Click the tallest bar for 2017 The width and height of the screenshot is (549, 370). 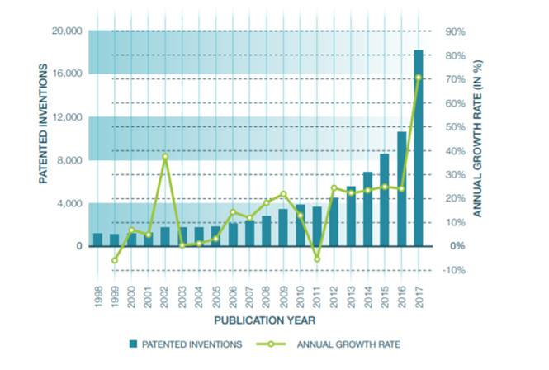pyautogui.click(x=418, y=149)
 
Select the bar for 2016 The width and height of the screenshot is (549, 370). pyautogui.click(x=401, y=189)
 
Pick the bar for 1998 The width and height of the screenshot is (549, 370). pyautogui.click(x=97, y=240)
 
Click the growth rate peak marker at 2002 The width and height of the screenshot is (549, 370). pyautogui.click(x=165, y=157)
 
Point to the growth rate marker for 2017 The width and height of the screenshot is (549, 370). pyautogui.click(x=418, y=78)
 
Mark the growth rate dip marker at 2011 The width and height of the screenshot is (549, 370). pyautogui.click(x=316, y=259)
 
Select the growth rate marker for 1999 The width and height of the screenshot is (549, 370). pyautogui.click(x=115, y=260)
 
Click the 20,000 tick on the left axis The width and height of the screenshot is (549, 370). pyautogui.click(x=66, y=31)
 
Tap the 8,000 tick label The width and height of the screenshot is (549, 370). pyautogui.click(x=69, y=160)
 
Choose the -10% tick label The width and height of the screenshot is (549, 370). pyautogui.click(x=456, y=270)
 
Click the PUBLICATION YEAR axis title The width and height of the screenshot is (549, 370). pyautogui.click(x=258, y=320)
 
